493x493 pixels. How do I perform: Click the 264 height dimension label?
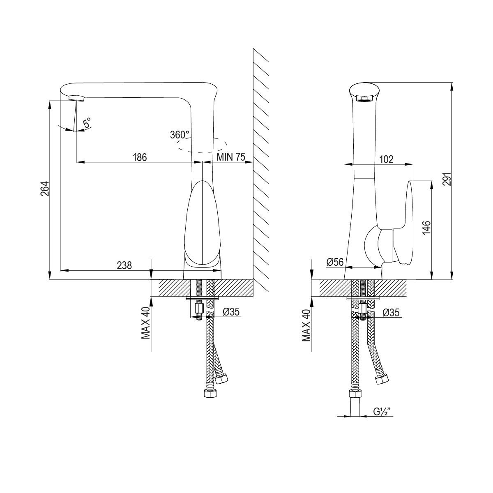point(44,189)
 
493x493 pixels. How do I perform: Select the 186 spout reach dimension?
point(140,157)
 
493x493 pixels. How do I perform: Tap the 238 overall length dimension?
point(124,265)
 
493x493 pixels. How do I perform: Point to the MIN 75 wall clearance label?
point(231,157)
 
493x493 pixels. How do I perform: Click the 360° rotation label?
point(180,135)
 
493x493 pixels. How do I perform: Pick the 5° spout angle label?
point(87,122)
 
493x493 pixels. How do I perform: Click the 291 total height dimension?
point(447,179)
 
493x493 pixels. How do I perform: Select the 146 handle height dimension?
point(426,228)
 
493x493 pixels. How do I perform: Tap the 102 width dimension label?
point(386,159)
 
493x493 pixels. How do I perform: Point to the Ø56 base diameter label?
point(335,262)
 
